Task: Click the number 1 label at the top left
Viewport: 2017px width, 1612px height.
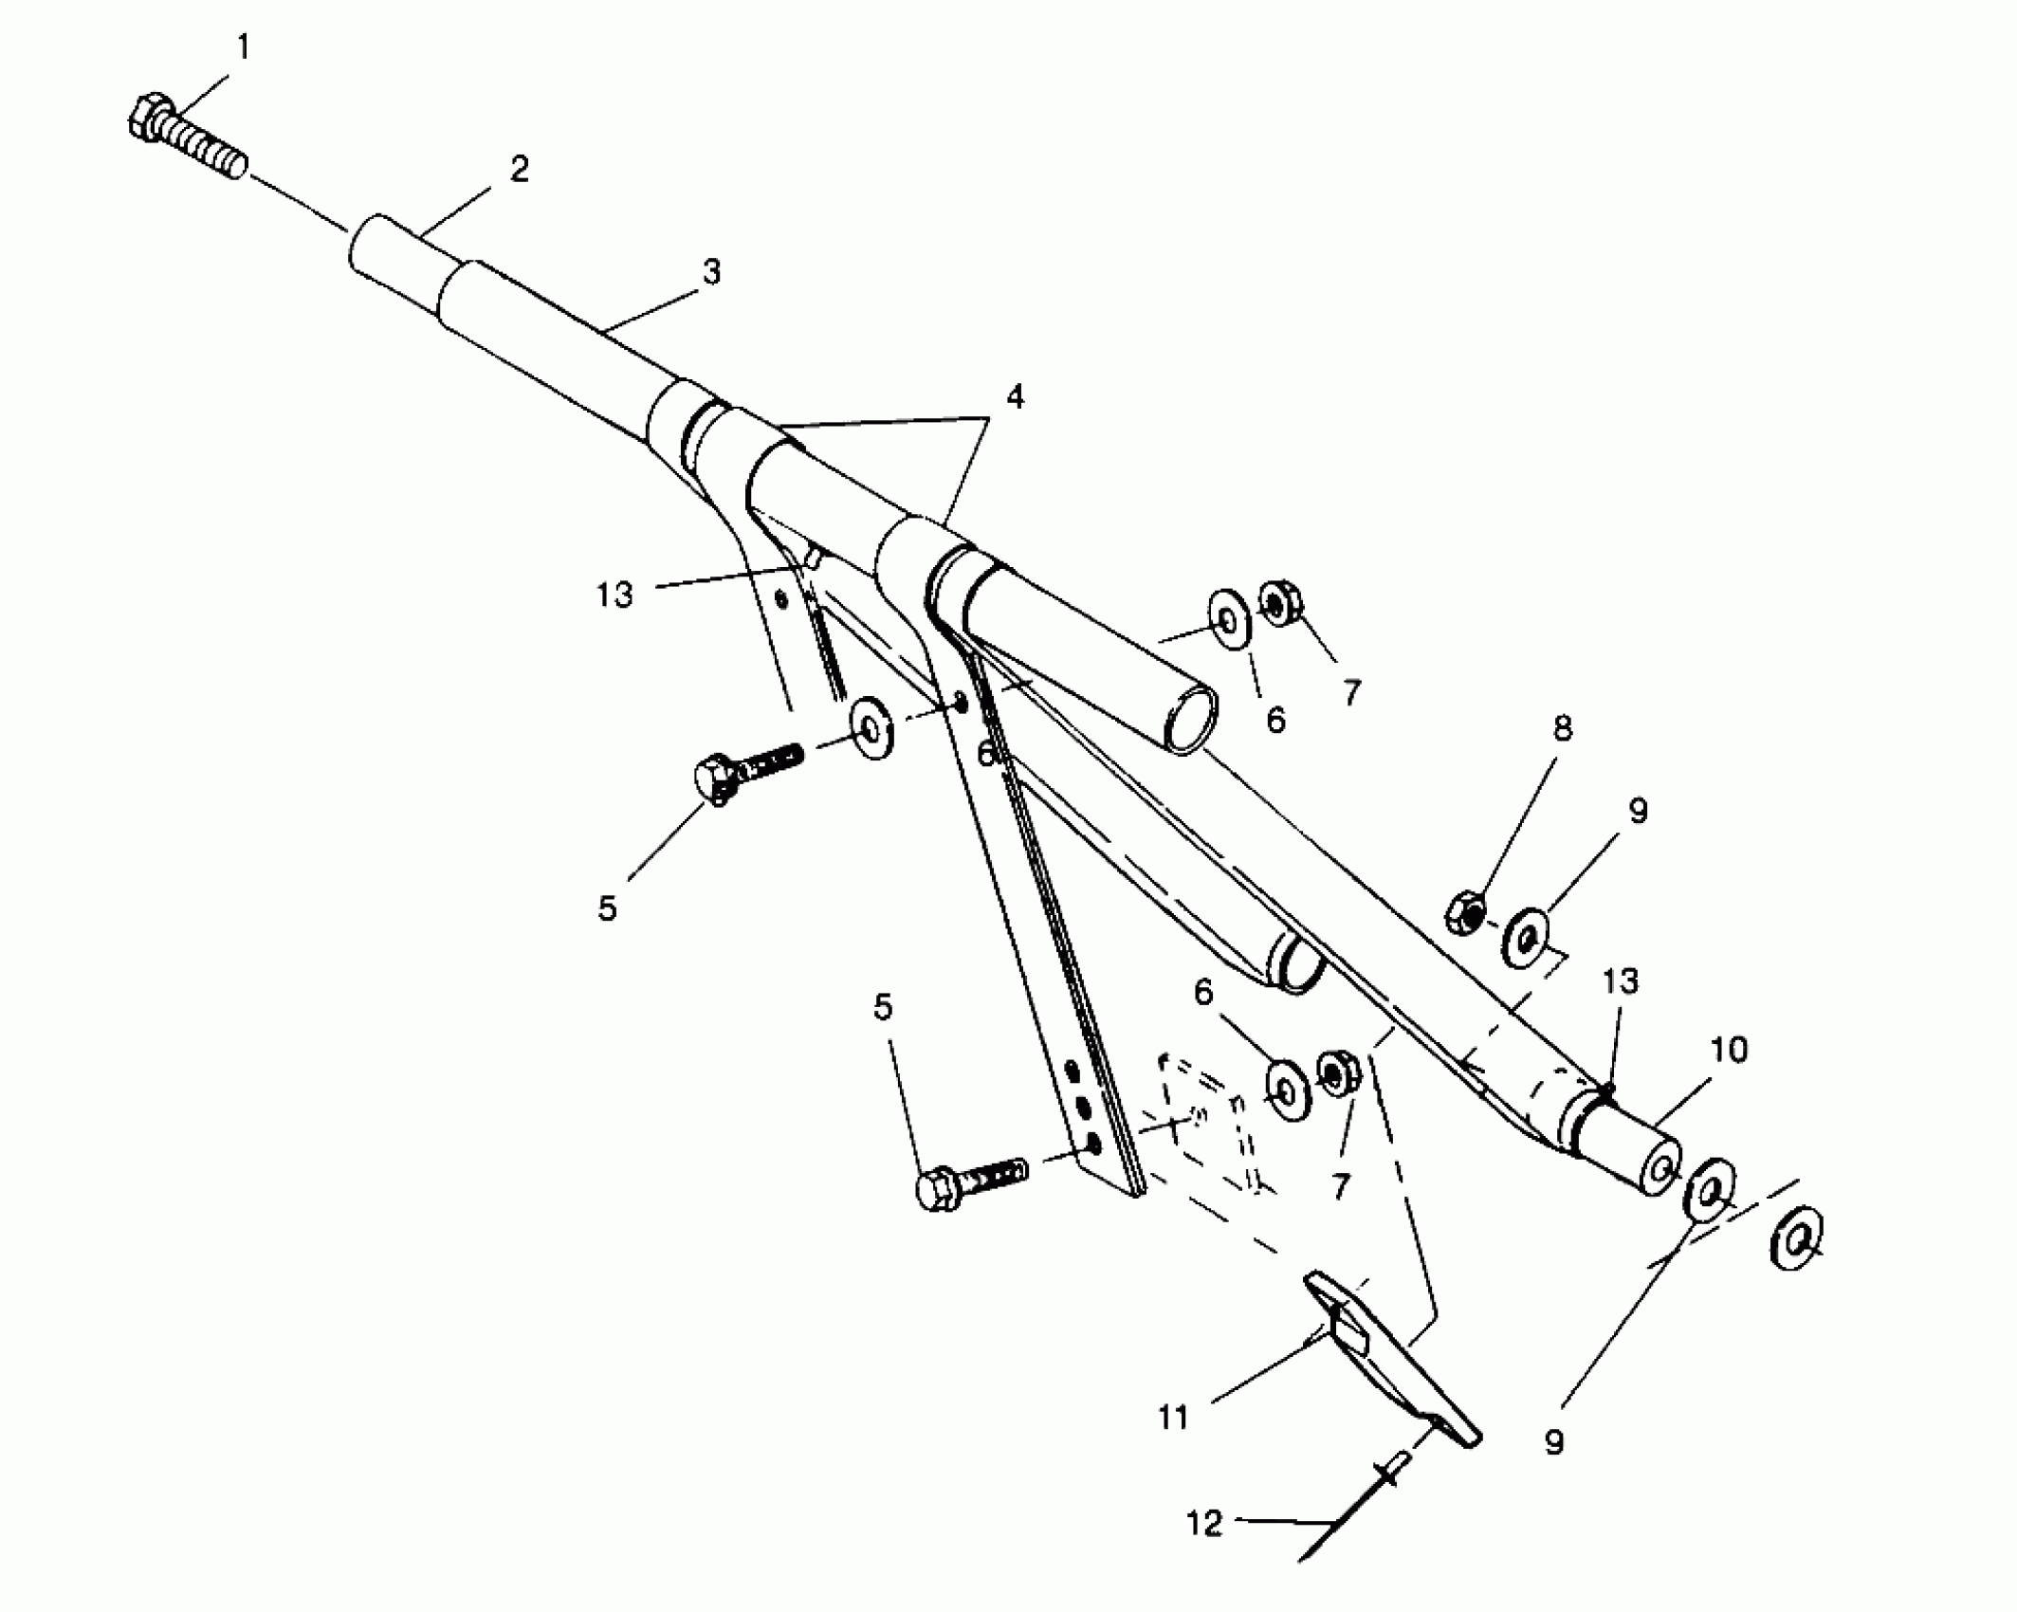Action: [244, 46]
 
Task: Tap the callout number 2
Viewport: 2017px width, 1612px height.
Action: [519, 171]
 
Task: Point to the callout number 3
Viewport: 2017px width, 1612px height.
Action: [712, 273]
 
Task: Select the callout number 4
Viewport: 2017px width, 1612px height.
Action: [1015, 397]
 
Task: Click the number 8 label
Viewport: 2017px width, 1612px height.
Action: [1562, 728]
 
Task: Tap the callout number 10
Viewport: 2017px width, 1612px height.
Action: [1728, 1050]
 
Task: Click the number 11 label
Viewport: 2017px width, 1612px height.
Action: [1173, 1418]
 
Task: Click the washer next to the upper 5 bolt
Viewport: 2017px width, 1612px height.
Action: [871, 728]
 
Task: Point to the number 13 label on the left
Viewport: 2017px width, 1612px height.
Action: [614, 595]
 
